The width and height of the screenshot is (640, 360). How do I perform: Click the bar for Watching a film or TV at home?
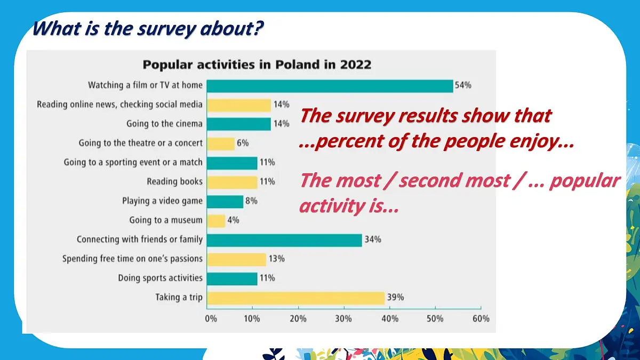point(330,85)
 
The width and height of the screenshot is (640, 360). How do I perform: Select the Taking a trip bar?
point(295,298)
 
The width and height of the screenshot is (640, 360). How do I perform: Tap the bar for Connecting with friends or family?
point(284,240)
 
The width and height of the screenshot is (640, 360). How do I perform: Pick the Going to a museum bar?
point(216,220)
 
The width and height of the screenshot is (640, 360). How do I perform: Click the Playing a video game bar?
point(225,201)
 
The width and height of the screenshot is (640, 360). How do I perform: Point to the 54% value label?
point(463,85)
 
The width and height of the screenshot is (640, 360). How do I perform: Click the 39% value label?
point(395,298)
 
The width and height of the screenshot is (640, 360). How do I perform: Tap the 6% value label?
point(243,143)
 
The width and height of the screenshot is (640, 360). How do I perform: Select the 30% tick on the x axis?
point(344,318)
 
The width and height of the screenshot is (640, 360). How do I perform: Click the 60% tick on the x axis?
point(481,318)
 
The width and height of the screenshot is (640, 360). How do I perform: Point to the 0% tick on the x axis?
point(211,318)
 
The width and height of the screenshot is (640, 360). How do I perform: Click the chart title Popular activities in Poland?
point(257,65)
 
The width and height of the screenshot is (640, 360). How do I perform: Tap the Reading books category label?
point(175,182)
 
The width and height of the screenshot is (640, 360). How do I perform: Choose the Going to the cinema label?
point(164,124)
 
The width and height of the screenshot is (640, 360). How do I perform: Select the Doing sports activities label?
point(161,278)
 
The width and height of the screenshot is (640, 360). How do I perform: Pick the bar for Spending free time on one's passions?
point(236,259)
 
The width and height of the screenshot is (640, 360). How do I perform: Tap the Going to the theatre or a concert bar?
point(221,143)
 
